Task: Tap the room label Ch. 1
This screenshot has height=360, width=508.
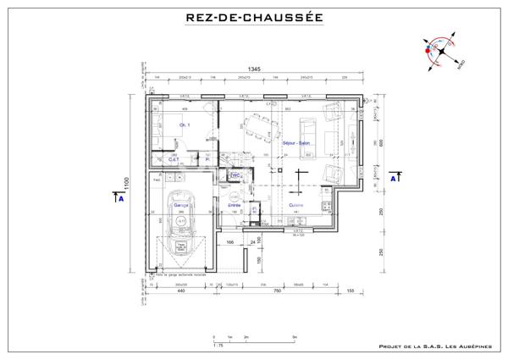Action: [x=184, y=126]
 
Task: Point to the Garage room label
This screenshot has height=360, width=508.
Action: [x=180, y=205]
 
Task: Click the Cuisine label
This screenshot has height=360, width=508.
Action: [x=295, y=205]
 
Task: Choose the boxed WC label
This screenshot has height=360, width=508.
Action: [x=235, y=176]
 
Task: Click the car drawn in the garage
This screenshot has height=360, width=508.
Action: [x=180, y=227]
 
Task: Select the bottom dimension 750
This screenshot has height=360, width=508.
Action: [x=276, y=291]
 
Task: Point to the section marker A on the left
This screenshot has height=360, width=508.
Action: [x=121, y=199]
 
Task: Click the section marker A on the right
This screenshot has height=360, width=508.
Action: [x=393, y=179]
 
